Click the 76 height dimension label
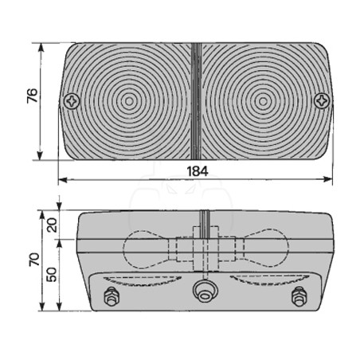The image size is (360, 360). (x=33, y=96)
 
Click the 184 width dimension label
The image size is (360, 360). (x=198, y=171)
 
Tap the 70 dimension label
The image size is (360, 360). (x=34, y=260)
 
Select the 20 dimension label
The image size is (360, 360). (x=52, y=225)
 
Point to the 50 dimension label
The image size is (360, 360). (x=51, y=274)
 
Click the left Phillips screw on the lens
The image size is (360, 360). (x=72, y=101)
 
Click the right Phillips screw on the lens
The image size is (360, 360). (x=322, y=101)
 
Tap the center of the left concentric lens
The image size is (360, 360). (x=129, y=101)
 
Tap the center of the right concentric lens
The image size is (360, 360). (x=263, y=101)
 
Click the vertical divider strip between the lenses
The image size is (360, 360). (x=197, y=101)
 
